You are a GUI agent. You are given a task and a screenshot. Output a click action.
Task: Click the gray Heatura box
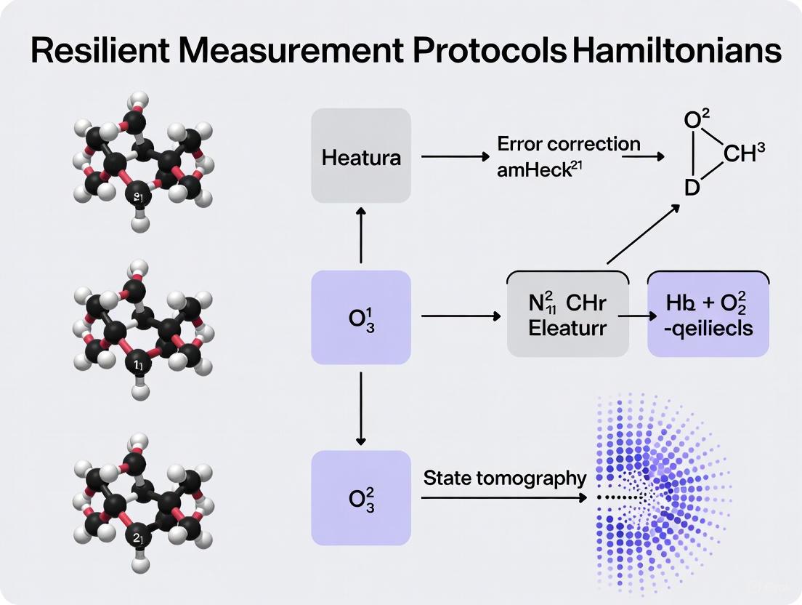(361, 156)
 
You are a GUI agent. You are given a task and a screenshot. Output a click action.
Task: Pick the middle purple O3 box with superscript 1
(361, 317)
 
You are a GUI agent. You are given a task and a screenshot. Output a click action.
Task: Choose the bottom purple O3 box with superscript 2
(361, 497)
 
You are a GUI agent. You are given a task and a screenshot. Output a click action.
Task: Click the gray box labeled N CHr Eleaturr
(567, 316)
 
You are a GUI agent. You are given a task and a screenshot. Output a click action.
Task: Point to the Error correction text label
(568, 143)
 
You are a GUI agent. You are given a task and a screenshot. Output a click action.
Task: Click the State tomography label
(505, 478)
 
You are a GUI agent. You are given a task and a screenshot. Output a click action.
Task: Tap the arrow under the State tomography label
(503, 497)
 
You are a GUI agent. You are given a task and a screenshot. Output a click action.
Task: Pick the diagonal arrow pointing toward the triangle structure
(642, 235)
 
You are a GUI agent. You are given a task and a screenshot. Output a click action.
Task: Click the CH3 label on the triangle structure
(744, 154)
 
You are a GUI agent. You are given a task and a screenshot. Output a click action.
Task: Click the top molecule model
(141, 160)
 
